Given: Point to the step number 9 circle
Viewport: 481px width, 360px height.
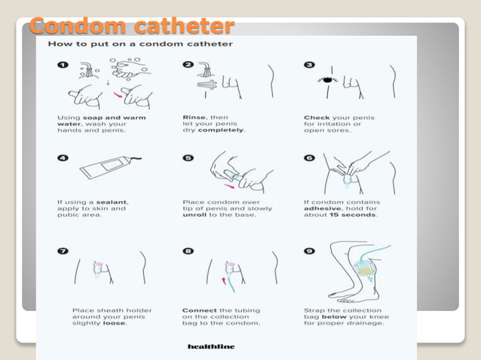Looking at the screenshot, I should pyautogui.click(x=309, y=252).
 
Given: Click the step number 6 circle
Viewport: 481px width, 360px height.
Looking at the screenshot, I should pyautogui.click(x=309, y=157).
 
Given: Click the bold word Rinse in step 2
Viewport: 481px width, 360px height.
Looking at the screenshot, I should pyautogui.click(x=195, y=117).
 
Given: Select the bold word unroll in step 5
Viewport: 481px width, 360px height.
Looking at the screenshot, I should pyautogui.click(x=195, y=215).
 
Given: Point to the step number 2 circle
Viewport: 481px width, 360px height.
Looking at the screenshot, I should pyautogui.click(x=187, y=66).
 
